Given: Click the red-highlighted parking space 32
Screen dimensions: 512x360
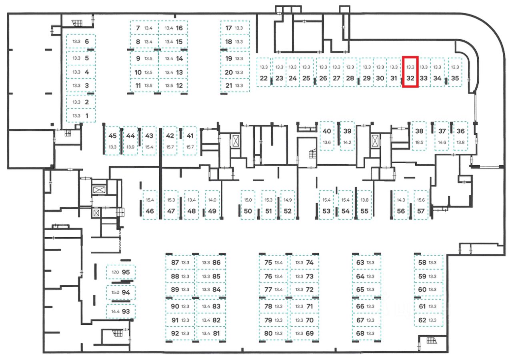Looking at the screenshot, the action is pyautogui.click(x=410, y=72).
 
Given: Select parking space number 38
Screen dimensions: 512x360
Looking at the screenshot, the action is pyautogui.click(x=419, y=136).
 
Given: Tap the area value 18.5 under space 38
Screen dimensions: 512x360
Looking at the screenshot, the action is pyautogui.click(x=419, y=142).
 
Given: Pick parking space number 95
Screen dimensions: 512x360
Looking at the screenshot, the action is pyautogui.click(x=121, y=272).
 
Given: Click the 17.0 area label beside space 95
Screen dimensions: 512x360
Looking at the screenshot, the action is pyautogui.click(x=115, y=272).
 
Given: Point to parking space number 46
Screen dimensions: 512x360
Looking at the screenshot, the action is pyautogui.click(x=150, y=205).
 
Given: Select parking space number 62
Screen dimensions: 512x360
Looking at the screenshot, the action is pyautogui.click(x=429, y=320).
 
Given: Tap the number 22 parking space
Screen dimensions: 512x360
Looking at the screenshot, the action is pyautogui.click(x=263, y=72).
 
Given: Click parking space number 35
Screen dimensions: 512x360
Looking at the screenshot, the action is pyautogui.click(x=455, y=72).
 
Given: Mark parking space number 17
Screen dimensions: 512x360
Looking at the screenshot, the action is pyautogui.click(x=234, y=28).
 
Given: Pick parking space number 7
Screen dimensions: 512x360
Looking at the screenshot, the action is pyautogui.click(x=144, y=28).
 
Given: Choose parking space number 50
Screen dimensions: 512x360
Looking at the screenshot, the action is pyautogui.click(x=248, y=205).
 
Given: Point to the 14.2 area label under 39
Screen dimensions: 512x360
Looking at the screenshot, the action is pyautogui.click(x=347, y=142).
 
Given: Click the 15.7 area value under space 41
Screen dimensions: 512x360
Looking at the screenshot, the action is pyautogui.click(x=190, y=147).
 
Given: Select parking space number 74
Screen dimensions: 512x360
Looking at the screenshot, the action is pyautogui.click(x=304, y=263).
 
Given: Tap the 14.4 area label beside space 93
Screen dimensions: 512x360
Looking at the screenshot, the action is pyautogui.click(x=115, y=311).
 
